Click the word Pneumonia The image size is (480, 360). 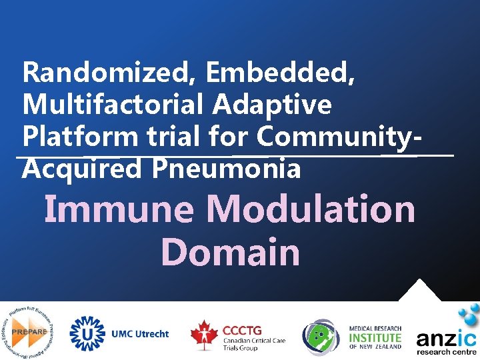(x=226, y=169)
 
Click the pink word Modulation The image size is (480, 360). (x=311, y=209)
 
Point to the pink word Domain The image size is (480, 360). (x=231, y=252)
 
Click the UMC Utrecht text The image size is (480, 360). (x=140, y=333)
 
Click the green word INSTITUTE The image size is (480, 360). (x=376, y=337)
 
